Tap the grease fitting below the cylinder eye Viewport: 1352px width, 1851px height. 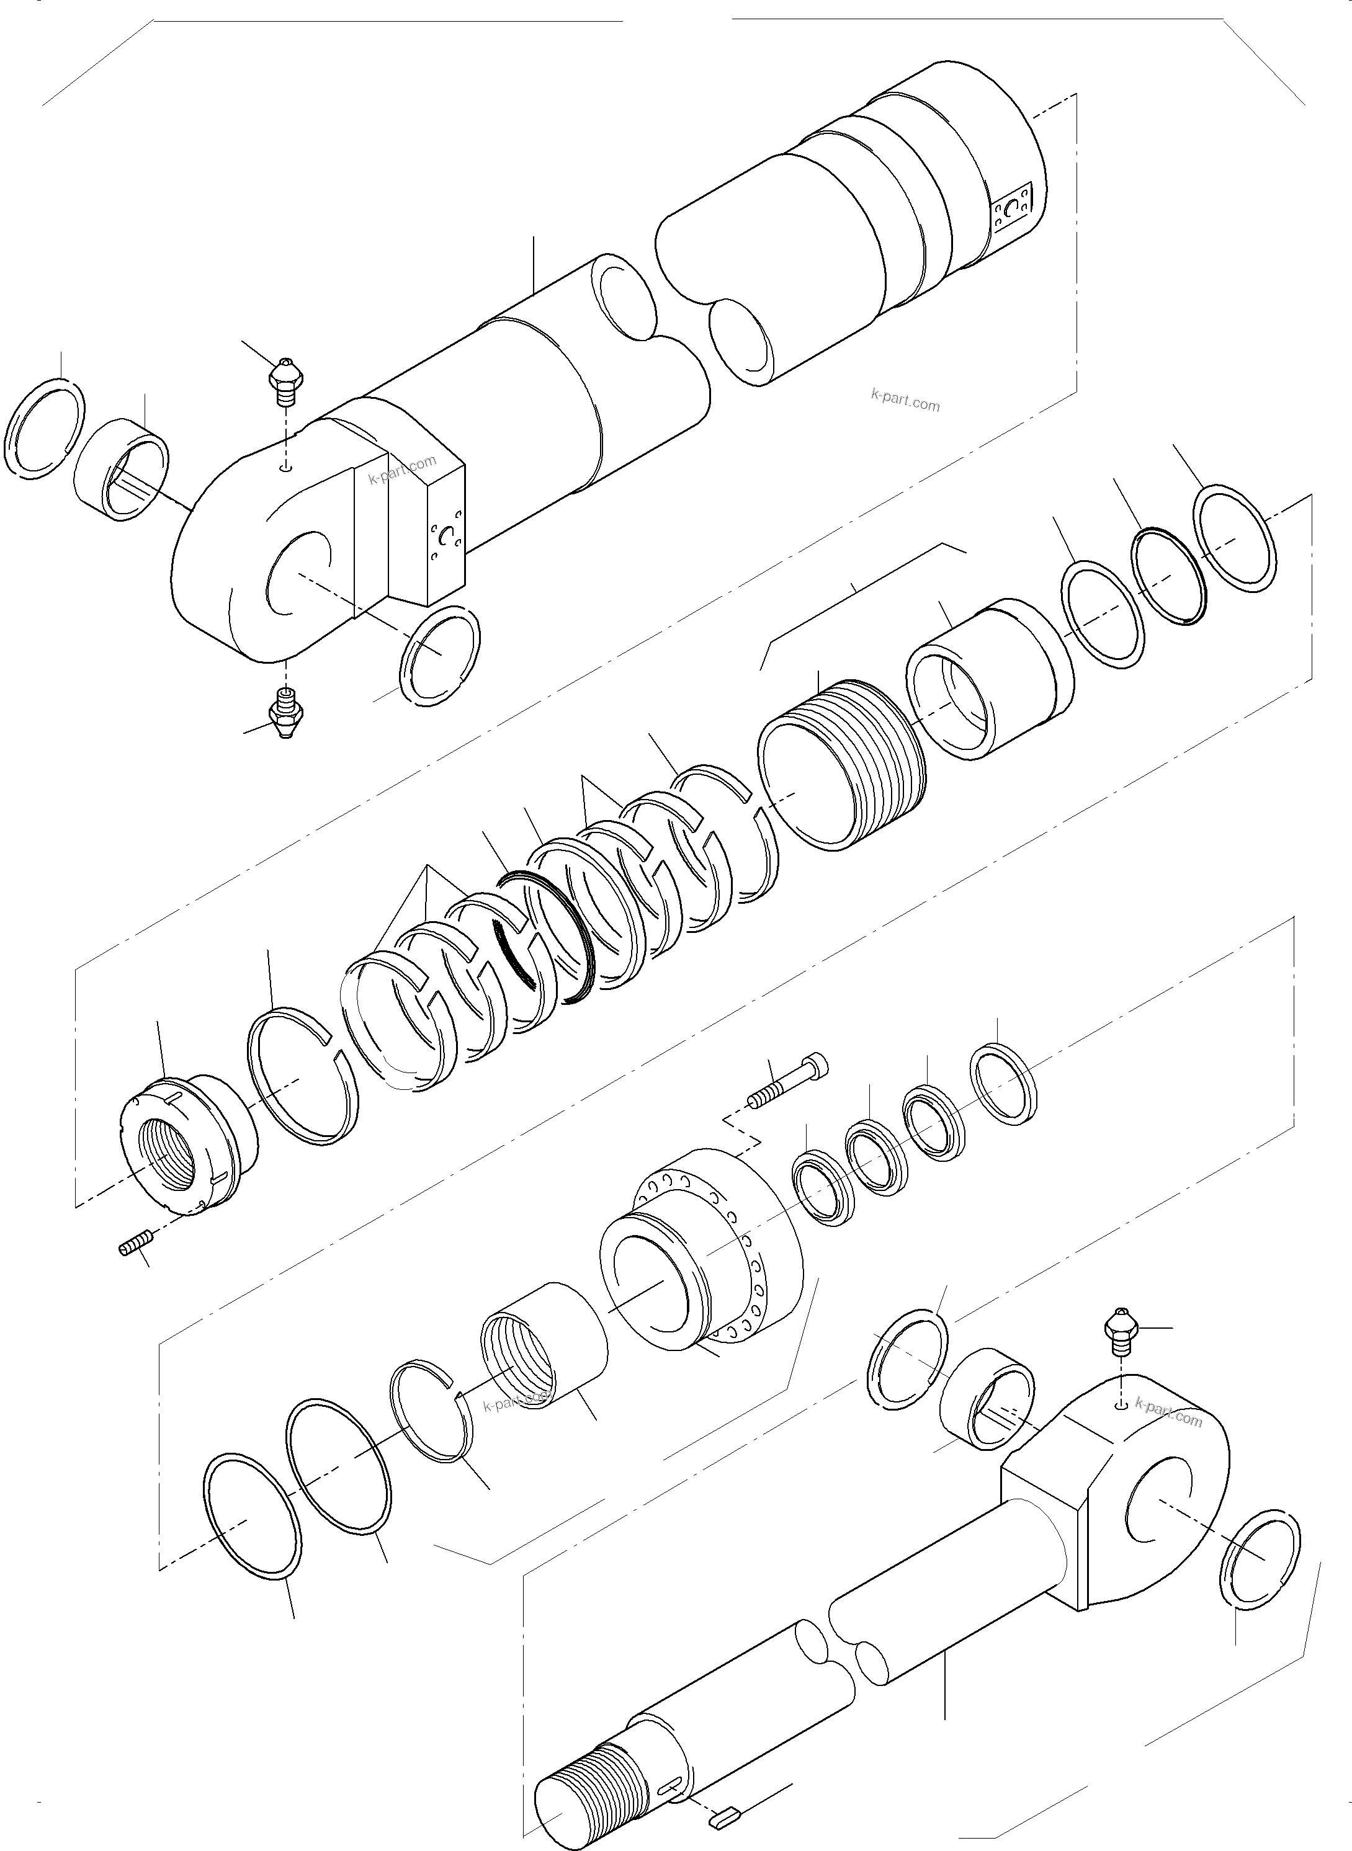(284, 712)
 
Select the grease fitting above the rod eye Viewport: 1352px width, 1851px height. (1118, 1327)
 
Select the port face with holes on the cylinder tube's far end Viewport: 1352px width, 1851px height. (1016, 213)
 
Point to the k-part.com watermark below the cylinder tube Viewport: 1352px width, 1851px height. (905, 403)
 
